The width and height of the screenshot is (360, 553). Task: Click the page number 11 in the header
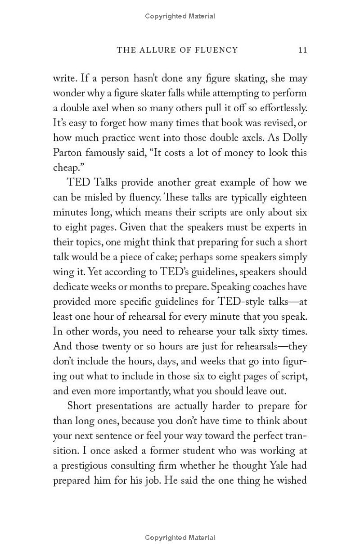click(302, 50)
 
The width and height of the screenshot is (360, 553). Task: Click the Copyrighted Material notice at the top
click(180, 16)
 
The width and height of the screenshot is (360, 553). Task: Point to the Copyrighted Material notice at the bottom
click(180, 537)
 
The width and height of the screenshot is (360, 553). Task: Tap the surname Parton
click(67, 153)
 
